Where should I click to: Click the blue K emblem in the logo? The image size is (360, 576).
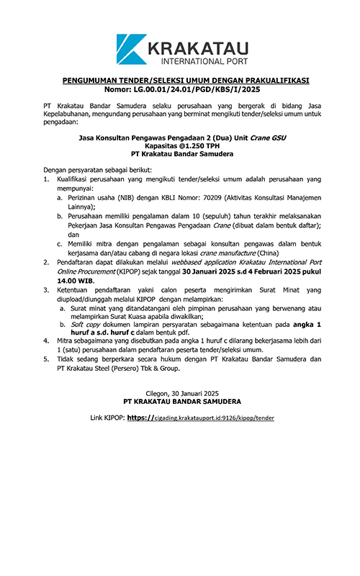pyautogui.click(x=131, y=48)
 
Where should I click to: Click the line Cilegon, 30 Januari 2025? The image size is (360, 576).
pyautogui.click(x=181, y=392)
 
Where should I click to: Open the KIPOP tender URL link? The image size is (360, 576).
pyautogui.click(x=200, y=417)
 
